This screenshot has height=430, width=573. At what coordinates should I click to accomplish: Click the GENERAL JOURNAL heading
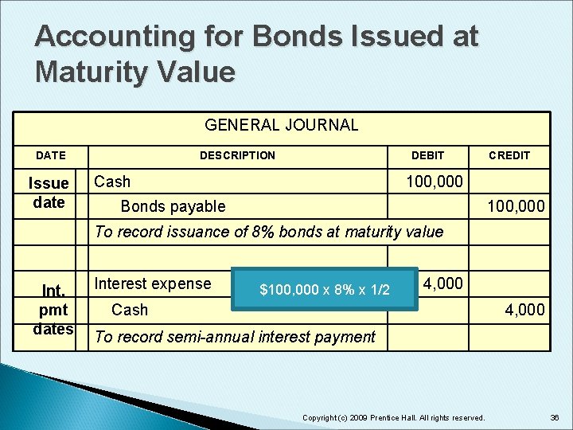pos(282,125)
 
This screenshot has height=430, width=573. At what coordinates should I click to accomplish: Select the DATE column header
pos(51,155)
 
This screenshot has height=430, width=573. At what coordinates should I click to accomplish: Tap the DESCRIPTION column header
pos(237,155)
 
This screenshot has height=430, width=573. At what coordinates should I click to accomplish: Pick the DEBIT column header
pos(427,155)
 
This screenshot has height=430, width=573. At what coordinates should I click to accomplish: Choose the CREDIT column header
pos(509,155)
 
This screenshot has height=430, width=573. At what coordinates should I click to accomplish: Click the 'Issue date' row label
pos(49,193)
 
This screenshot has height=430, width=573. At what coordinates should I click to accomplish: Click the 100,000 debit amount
pos(434,182)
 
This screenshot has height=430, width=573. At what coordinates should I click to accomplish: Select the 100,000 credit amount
pos(516,207)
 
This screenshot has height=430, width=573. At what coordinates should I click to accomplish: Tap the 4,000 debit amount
pos(443,283)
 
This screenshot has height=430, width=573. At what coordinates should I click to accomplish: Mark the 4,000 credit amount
pos(525,310)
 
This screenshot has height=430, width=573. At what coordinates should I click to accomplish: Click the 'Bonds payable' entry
pos(173,207)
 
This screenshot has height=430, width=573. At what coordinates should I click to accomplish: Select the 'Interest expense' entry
pos(153,283)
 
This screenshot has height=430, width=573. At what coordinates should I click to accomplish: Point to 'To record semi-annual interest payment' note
pos(235,337)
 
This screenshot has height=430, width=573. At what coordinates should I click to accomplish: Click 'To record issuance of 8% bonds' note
pos(268,232)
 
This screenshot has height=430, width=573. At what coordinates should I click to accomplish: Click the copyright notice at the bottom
pos(394,418)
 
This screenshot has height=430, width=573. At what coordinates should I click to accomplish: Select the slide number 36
pos(554,418)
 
